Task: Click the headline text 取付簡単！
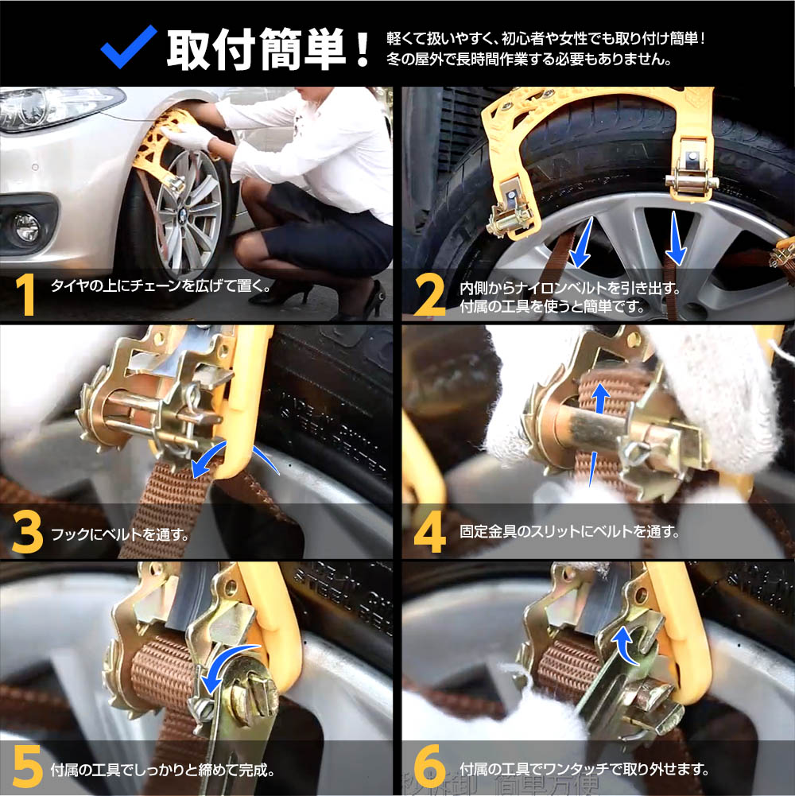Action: pos(269,49)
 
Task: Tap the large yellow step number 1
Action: pos(26,295)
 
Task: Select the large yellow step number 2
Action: pos(429,295)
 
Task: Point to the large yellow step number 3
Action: pos(27,531)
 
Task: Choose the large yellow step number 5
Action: pos(27,767)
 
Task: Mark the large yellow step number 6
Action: pos(430,767)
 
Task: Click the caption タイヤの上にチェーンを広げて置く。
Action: pos(161,285)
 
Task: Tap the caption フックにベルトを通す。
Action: pos(121,534)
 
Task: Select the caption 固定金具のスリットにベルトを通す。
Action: pos(569,531)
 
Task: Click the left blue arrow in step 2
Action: pos(580,242)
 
